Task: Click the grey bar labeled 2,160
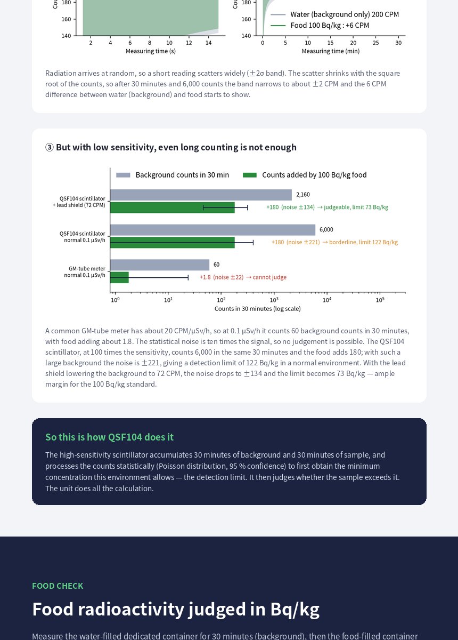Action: point(201,195)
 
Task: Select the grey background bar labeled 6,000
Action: point(212,230)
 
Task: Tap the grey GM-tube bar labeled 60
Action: point(160,265)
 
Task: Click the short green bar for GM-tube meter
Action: point(119,277)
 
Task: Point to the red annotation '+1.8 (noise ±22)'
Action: point(222,277)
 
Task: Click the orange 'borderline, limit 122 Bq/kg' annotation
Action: point(363,242)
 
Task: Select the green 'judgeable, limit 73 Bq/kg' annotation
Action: point(356,207)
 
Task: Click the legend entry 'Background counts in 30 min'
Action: point(173,175)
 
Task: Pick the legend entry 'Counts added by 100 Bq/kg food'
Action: point(305,175)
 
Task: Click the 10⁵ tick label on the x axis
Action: point(380,300)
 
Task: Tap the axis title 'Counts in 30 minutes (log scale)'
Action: point(257,309)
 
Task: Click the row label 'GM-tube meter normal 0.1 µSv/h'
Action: point(85,271)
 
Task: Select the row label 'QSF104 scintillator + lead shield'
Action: point(79,202)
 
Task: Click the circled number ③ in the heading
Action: point(50,147)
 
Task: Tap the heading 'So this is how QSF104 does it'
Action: point(109,437)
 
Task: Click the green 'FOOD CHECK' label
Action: point(58,586)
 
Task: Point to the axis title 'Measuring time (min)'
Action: point(330,51)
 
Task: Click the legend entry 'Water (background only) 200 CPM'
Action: point(334,14)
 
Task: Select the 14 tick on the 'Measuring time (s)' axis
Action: point(209,43)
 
